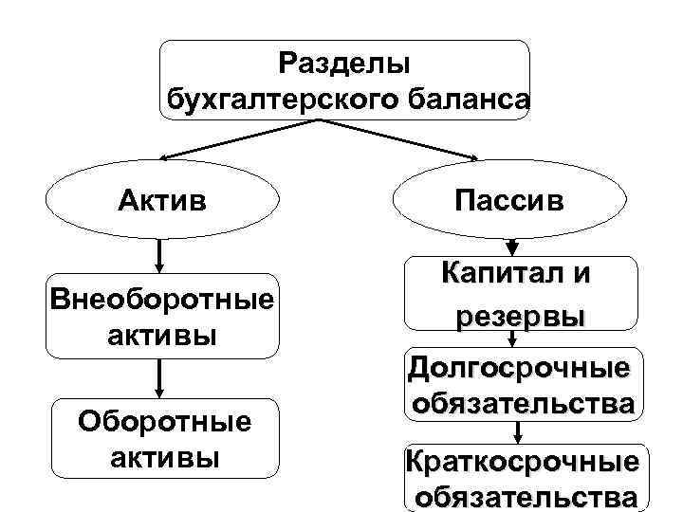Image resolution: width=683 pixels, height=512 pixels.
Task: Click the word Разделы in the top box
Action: [344, 64]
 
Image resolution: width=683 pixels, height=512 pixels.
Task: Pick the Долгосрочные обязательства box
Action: [520, 384]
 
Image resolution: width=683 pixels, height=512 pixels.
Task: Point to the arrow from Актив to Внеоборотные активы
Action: [160, 254]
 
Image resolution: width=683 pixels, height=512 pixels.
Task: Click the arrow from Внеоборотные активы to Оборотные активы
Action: [160, 377]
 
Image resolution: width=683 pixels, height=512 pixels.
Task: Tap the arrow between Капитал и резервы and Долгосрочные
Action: [513, 339]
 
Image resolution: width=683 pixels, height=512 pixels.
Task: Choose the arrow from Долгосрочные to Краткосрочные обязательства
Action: [517, 431]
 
